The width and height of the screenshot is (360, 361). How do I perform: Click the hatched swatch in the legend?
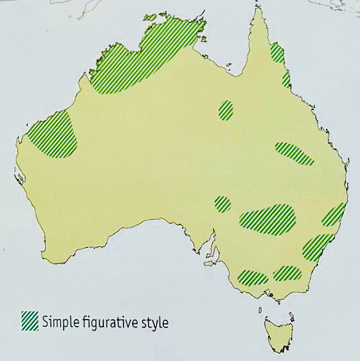click(x=30, y=320)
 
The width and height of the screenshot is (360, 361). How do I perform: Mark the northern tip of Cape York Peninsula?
click(x=256, y=9)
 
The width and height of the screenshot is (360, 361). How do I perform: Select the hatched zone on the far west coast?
click(x=54, y=135)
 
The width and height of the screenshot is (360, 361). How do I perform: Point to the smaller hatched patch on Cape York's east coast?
click(x=286, y=80)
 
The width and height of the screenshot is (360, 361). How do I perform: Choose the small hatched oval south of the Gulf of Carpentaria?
click(x=226, y=110)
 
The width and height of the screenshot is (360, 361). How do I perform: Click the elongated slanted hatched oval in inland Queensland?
click(x=294, y=153)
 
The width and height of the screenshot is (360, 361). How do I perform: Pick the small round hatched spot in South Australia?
click(x=222, y=204)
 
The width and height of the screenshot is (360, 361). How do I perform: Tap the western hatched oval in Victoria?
click(x=252, y=276)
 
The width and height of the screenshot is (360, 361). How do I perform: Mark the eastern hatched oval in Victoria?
click(x=287, y=273)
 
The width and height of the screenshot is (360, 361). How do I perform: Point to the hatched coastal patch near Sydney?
click(x=317, y=247)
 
